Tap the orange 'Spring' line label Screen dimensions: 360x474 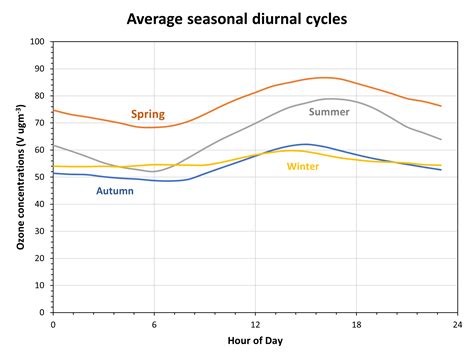[x=148, y=114]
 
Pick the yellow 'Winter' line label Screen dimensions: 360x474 [x=303, y=166]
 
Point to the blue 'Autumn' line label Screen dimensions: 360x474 [x=114, y=190]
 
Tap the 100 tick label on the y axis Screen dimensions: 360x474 [x=38, y=42]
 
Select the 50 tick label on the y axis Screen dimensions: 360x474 [x=40, y=176]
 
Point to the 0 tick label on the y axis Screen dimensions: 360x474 [x=43, y=310]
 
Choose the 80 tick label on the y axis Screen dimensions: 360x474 [x=40, y=96]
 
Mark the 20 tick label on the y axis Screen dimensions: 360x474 [x=40, y=257]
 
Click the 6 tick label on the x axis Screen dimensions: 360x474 [x=154, y=323]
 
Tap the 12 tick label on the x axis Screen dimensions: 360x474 [x=255, y=323]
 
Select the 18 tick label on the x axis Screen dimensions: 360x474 [x=356, y=323]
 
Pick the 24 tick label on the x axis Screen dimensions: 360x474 [x=457, y=323]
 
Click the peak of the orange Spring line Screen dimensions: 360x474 [x=325, y=77]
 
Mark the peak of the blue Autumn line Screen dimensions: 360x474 [x=306, y=144]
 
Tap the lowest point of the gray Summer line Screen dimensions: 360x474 [x=152, y=171]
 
